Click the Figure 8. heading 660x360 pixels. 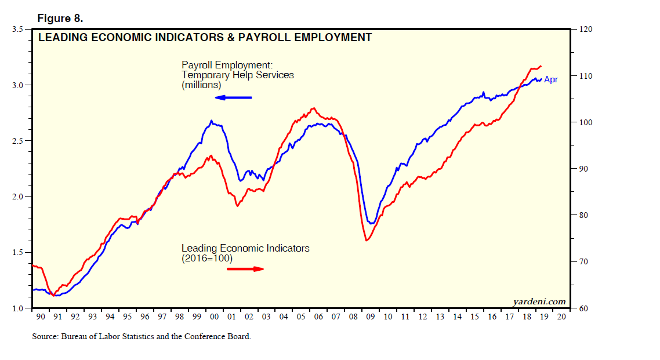(60, 18)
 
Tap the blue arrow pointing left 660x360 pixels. (233, 97)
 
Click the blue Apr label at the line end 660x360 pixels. (550, 79)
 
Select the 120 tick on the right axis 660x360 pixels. (586, 30)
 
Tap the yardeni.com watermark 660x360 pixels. (539, 301)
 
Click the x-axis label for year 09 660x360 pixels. (371, 317)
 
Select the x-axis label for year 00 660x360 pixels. (214, 317)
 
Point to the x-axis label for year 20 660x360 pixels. (561, 317)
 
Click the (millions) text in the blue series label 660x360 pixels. (201, 85)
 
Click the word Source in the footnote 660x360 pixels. (45, 336)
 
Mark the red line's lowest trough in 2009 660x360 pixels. (367, 240)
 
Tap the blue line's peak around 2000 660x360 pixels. (211, 121)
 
